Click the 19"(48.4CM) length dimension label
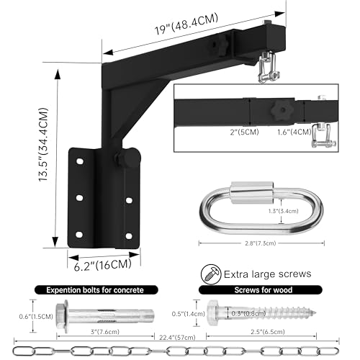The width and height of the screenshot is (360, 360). coord(186,24)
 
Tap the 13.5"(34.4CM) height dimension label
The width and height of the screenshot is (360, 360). coord(43,144)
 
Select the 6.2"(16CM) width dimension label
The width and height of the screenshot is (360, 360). coord(103,265)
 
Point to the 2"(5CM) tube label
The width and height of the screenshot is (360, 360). coord(244,132)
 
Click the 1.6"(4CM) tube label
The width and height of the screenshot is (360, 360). coord(294,132)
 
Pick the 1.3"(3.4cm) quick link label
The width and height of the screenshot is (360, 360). coord(284,211)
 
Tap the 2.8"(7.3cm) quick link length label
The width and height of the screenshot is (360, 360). coord(261,243)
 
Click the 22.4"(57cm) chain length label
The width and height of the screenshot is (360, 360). coord(177,338)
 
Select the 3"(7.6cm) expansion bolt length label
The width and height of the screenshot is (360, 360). coord(105,332)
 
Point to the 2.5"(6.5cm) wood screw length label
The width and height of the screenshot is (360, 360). coord(268,332)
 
